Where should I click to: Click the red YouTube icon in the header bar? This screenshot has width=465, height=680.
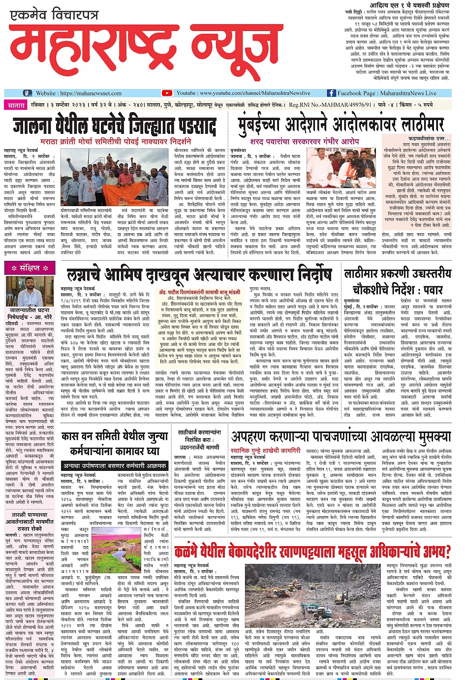(167, 93)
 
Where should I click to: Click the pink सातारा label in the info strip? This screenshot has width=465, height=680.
(16, 105)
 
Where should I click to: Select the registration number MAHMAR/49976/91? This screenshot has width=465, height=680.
(344, 105)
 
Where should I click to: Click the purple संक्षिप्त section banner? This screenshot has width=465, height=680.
(30, 268)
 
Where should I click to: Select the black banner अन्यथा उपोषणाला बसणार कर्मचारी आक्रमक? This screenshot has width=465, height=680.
(114, 465)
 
